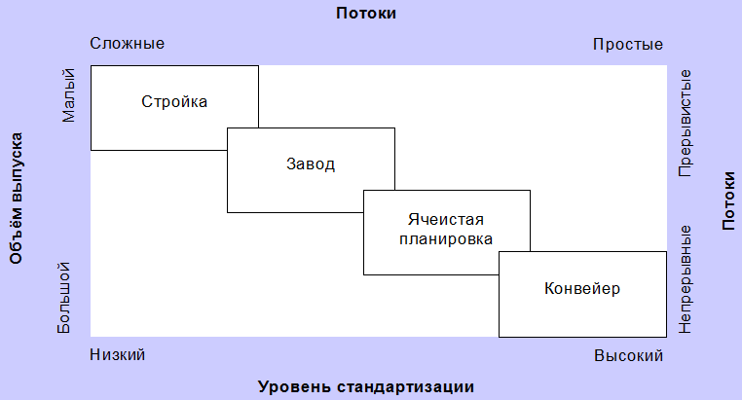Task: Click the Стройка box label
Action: click(x=174, y=102)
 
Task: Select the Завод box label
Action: click(x=311, y=164)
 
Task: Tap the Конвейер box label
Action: click(x=582, y=288)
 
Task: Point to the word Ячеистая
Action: click(x=446, y=219)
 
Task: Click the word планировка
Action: click(x=446, y=239)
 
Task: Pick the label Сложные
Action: click(x=128, y=44)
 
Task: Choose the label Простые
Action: click(x=628, y=45)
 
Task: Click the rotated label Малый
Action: click(x=68, y=95)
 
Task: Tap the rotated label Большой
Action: click(x=64, y=298)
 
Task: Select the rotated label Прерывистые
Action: click(x=685, y=124)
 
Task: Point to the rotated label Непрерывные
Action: click(x=685, y=279)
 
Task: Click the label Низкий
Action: click(x=118, y=354)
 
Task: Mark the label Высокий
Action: click(x=628, y=355)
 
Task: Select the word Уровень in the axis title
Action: click(x=294, y=386)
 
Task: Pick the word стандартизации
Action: click(x=405, y=386)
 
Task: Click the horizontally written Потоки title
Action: click(x=366, y=13)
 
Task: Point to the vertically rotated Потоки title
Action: click(x=728, y=200)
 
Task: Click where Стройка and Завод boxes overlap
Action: click(x=242, y=139)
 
